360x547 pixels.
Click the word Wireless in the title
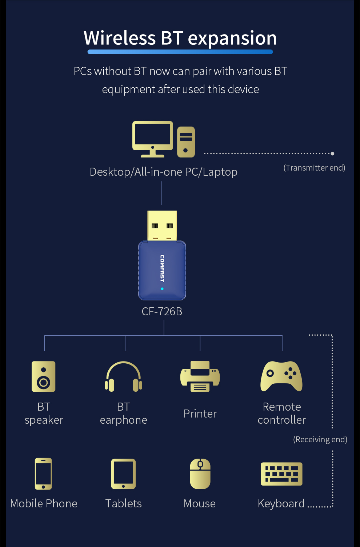[120, 38]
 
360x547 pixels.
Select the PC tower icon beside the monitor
[186, 142]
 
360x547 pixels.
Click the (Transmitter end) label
[314, 168]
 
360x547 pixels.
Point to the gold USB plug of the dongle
[162, 225]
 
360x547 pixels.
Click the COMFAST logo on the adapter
[162, 268]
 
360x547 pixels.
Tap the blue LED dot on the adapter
[162, 289]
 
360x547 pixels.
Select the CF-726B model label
[162, 312]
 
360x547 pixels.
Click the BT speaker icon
[44, 376]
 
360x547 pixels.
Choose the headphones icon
[124, 377]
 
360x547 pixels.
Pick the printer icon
[200, 376]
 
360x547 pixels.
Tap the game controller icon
[281, 376]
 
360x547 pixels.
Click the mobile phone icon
[43, 474]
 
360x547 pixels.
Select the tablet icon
[123, 474]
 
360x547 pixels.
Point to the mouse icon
[200, 474]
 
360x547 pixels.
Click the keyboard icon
[281, 474]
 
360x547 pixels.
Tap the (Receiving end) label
[320, 439]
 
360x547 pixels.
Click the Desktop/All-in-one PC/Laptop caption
[164, 172]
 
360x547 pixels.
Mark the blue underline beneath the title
[180, 52]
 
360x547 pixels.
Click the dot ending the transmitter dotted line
[332, 153]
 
